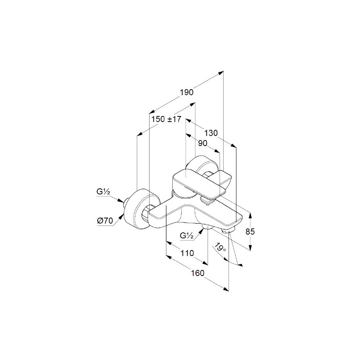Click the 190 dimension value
[187, 92]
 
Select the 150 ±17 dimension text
[166, 119]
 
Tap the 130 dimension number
[211, 133]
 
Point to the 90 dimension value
[202, 143]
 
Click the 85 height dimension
[250, 232]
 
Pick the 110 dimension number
[187, 253]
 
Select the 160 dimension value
[198, 273]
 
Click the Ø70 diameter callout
[105, 221]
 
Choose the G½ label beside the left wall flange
[103, 192]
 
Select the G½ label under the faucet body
[187, 236]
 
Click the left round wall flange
[140, 209]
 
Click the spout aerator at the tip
[229, 231]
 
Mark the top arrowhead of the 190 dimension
[221, 73]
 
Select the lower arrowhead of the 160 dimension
[226, 289]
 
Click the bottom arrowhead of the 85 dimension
[250, 248]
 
